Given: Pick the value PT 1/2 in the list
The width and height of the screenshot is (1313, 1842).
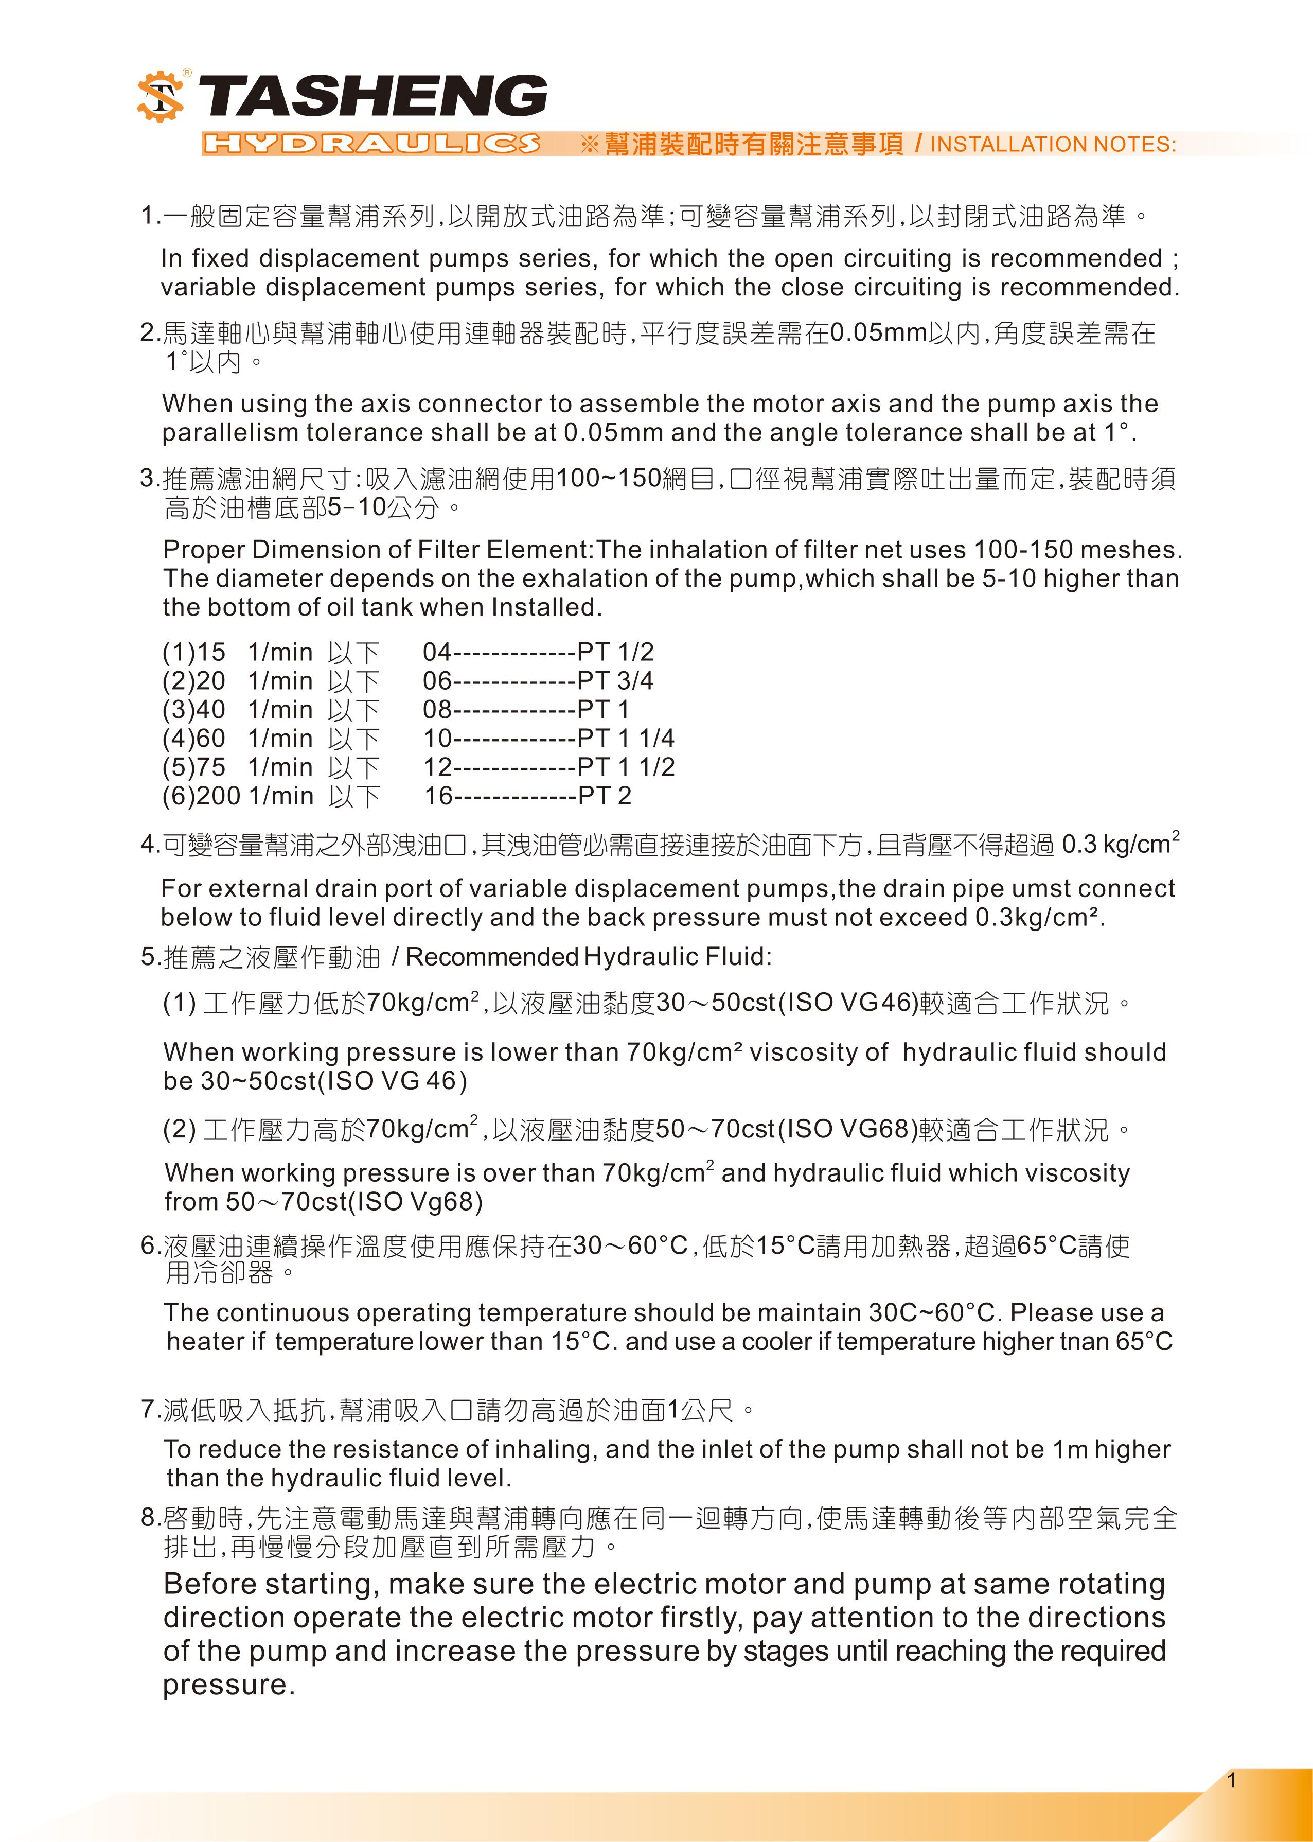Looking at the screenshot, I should coord(615,652).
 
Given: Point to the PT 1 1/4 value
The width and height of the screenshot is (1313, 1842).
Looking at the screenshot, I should coord(625,738).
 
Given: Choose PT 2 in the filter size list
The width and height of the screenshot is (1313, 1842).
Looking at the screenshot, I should coord(604,796).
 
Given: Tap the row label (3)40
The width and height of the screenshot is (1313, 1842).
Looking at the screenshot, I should coord(194,710).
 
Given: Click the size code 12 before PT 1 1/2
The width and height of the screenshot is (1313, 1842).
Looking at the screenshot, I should coord(437,766).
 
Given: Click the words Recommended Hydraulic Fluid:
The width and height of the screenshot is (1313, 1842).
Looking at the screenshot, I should coord(589,957).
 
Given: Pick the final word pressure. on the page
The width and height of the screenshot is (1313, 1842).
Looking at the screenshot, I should coord(229,1685).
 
